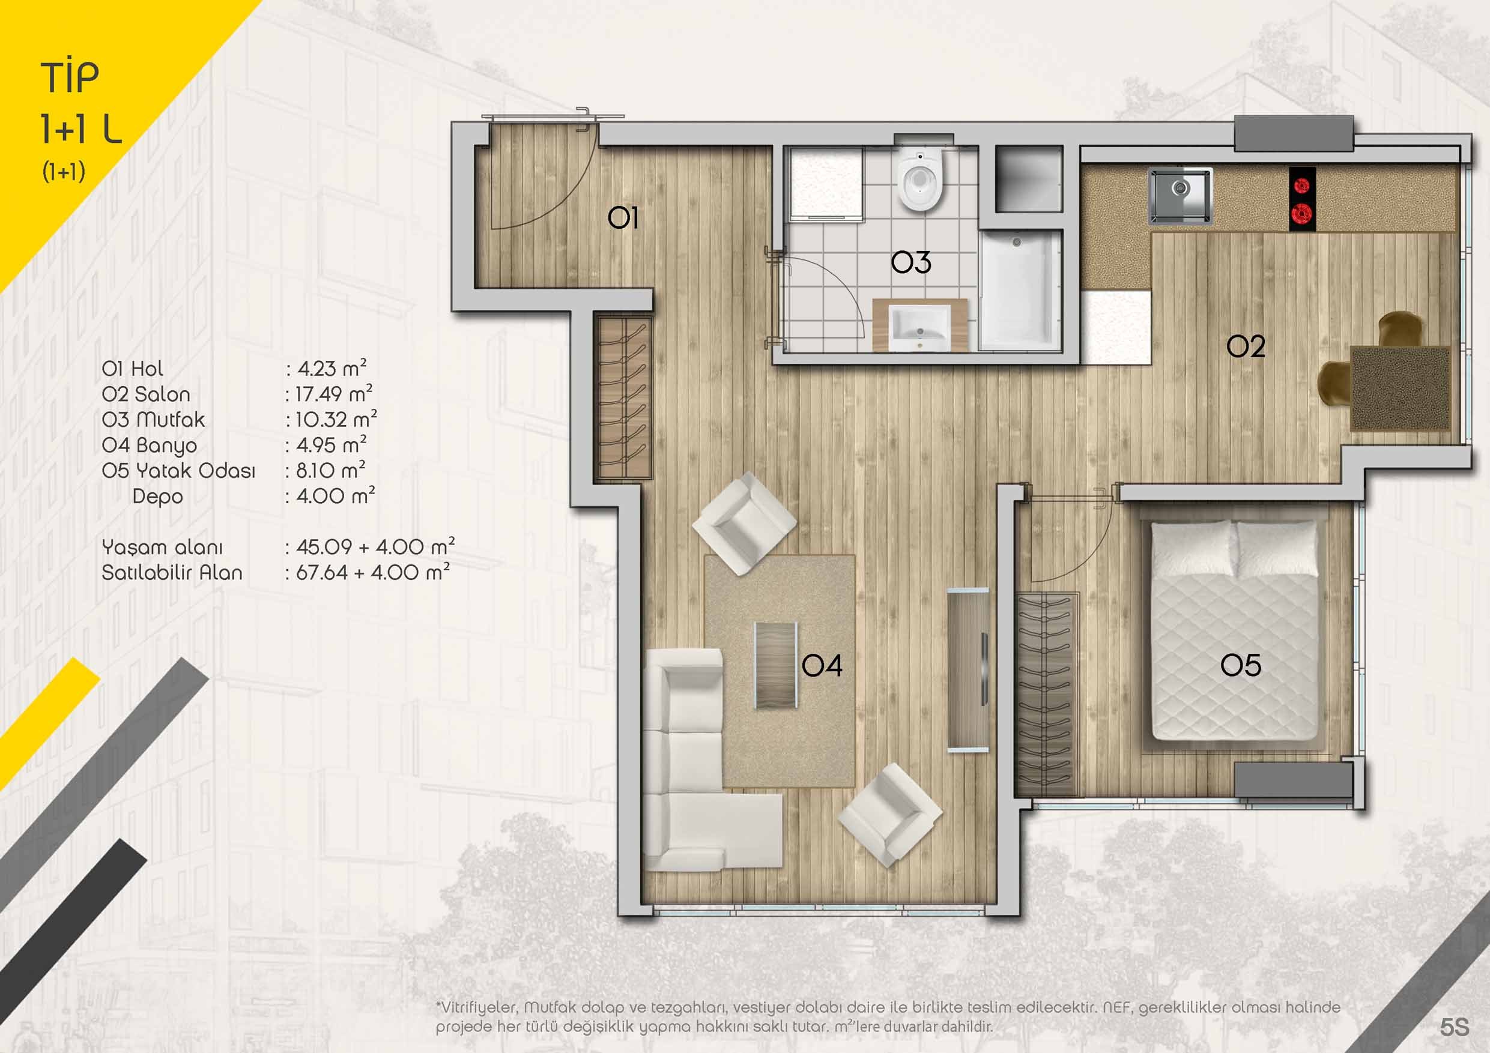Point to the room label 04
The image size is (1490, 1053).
click(822, 665)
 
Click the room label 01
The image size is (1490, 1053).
click(623, 219)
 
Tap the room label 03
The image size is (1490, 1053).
click(910, 262)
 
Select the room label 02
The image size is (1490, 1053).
click(1246, 347)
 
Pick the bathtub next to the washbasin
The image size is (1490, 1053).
click(1020, 289)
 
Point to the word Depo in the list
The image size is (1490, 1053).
click(157, 497)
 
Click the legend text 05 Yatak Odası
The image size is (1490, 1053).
click(178, 471)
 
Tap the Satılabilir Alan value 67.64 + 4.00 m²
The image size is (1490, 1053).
click(373, 572)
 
